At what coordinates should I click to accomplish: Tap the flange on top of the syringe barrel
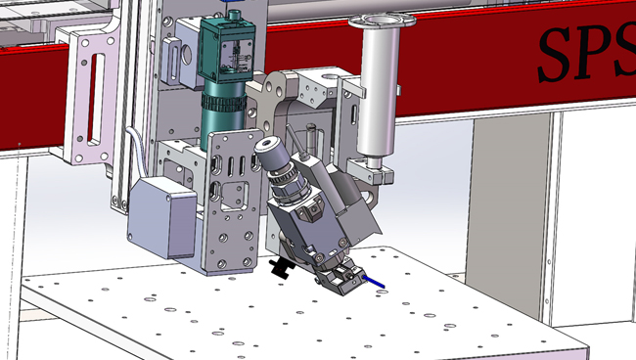pos(382,21)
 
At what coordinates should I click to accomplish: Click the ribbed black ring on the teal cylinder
pos(224,103)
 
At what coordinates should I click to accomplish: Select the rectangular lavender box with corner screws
pos(162,218)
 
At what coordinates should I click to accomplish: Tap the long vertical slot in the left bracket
pos(96,100)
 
